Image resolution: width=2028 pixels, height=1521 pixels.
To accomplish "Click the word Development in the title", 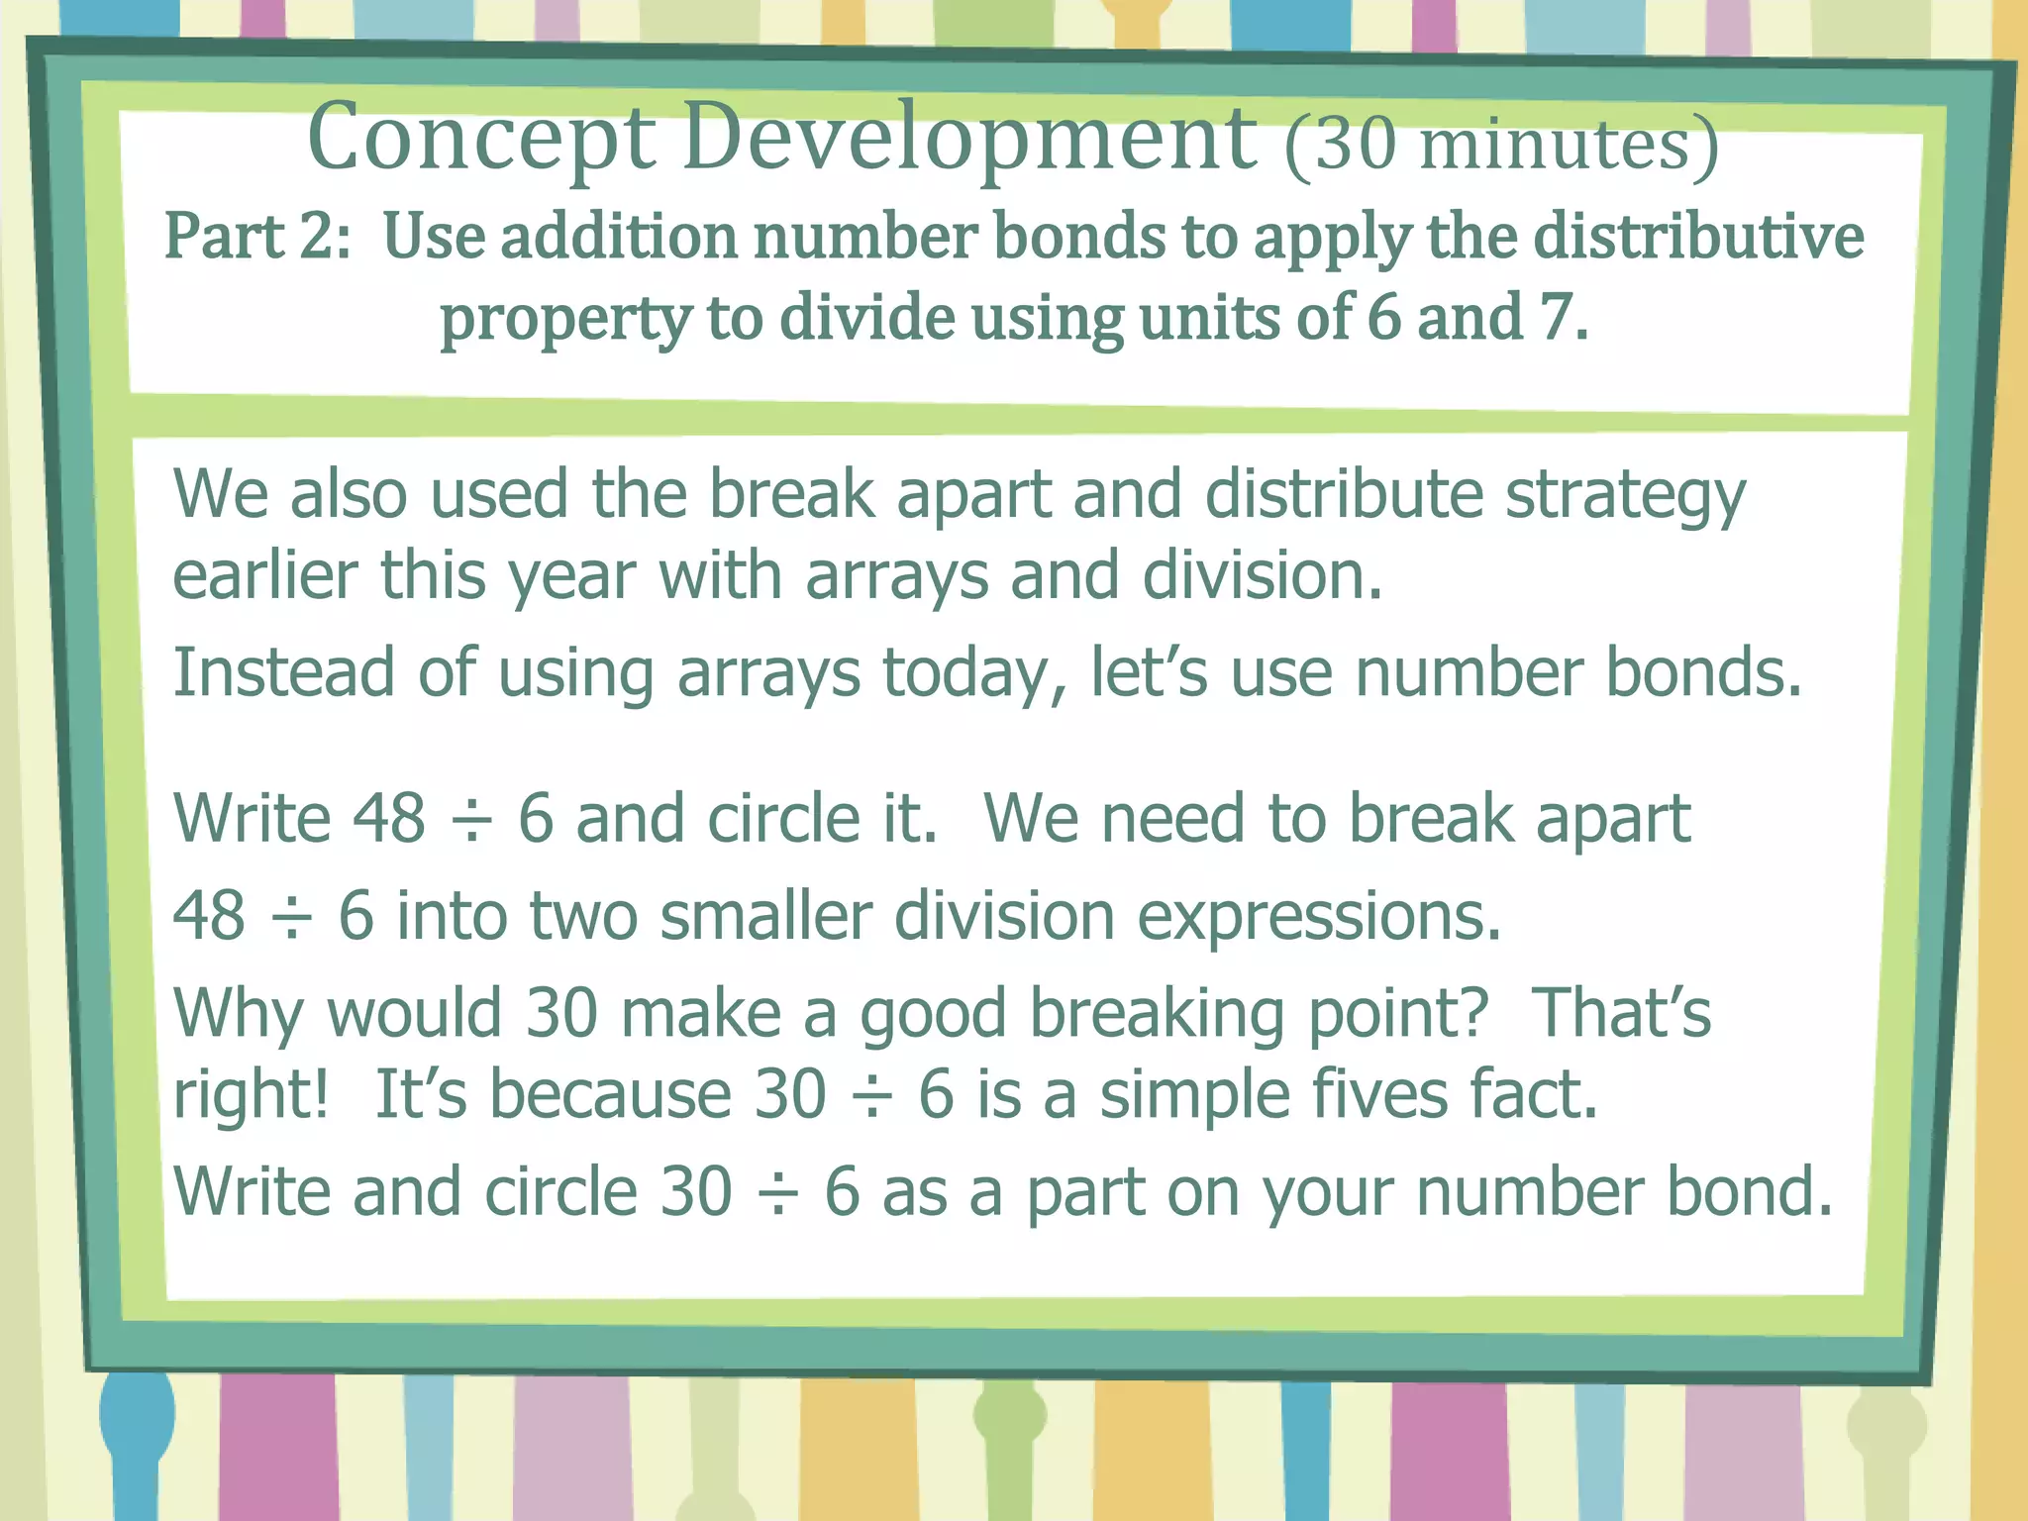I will click(968, 139).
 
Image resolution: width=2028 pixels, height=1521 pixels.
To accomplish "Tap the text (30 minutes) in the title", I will click(1501, 145).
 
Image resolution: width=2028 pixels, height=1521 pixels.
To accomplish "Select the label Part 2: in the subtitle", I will click(257, 238).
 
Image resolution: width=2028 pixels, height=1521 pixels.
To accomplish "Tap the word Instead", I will click(283, 672).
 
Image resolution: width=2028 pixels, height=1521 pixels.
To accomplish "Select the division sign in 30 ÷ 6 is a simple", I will click(872, 1096).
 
